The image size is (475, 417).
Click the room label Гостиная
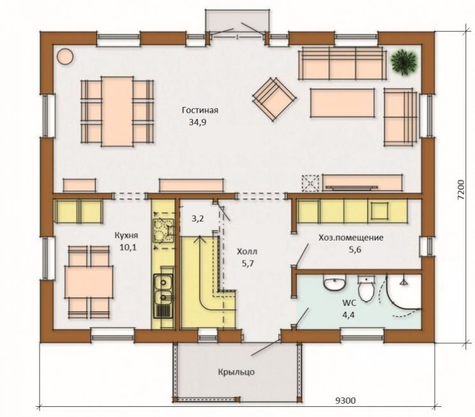pos(200,110)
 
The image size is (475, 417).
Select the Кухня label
pos(126,236)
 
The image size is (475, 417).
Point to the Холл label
pos(247,251)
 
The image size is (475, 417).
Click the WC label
pos(349,302)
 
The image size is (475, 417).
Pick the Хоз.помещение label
pos(351,237)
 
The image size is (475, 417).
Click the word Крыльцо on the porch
pos(237,372)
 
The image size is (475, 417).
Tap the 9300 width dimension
pos(346,401)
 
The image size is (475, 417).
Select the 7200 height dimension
pos(460,190)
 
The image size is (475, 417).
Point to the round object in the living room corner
pos(65,57)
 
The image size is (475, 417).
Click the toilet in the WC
pos(366,289)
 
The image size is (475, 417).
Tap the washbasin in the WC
pos(335,283)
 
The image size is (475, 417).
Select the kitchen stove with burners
pos(163,231)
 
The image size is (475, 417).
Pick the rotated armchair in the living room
pos(274,99)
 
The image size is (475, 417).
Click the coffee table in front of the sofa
pos(342,102)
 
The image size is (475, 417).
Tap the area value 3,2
pos(198,218)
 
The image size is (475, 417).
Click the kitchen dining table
pos(89,282)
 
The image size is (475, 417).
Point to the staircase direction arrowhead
pos(200,239)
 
